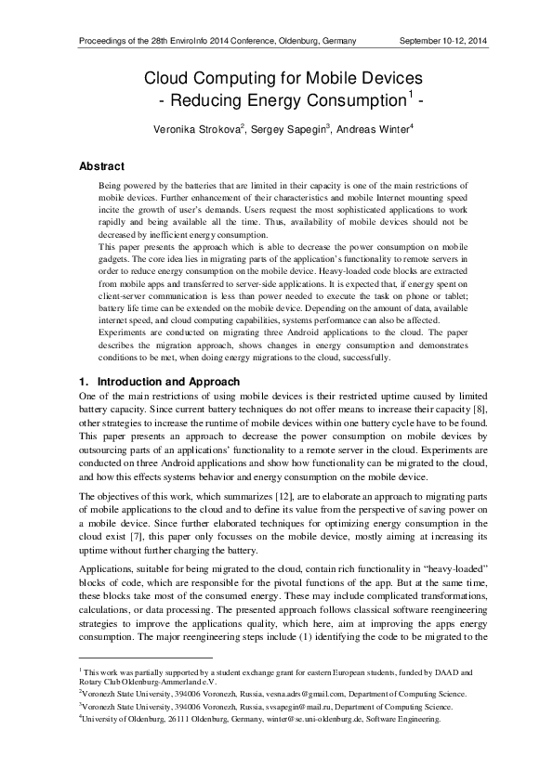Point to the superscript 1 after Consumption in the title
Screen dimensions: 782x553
[409, 94]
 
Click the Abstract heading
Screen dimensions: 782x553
[102, 166]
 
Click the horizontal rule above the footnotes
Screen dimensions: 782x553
[136, 658]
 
